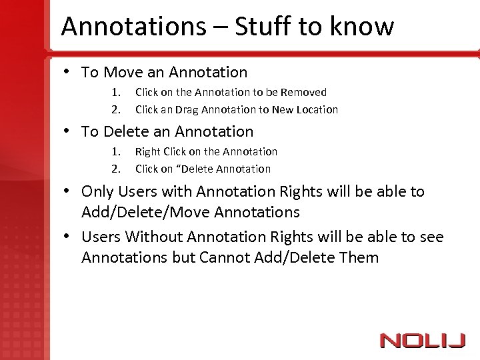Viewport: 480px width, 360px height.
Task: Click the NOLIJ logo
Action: [422, 340]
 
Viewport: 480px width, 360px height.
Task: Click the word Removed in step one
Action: [304, 93]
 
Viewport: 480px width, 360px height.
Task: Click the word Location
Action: [315, 109]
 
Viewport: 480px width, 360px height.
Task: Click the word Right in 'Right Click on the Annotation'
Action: [148, 152]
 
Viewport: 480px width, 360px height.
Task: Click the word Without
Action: [155, 237]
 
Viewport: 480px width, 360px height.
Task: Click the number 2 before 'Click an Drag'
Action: [115, 109]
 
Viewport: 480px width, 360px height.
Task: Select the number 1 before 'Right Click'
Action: [115, 152]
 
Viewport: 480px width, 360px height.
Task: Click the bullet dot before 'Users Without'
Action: [69, 237]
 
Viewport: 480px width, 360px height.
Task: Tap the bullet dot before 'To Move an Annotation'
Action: [69, 72]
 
